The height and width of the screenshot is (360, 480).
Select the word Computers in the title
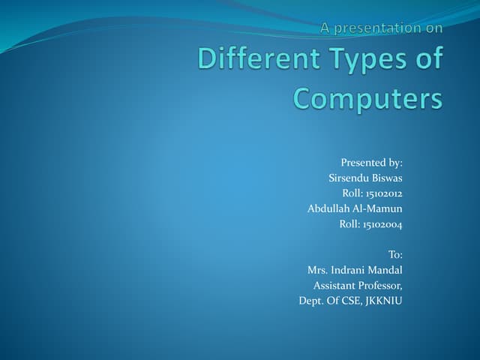click(x=367, y=98)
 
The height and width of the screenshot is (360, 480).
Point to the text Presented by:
click(x=372, y=162)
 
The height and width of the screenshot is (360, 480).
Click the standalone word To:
click(x=395, y=255)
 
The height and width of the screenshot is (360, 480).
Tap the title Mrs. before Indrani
click(x=318, y=270)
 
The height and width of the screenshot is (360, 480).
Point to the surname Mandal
click(x=387, y=270)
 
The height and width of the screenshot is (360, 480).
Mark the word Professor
click(x=381, y=285)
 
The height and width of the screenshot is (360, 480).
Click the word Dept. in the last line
click(x=311, y=301)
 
